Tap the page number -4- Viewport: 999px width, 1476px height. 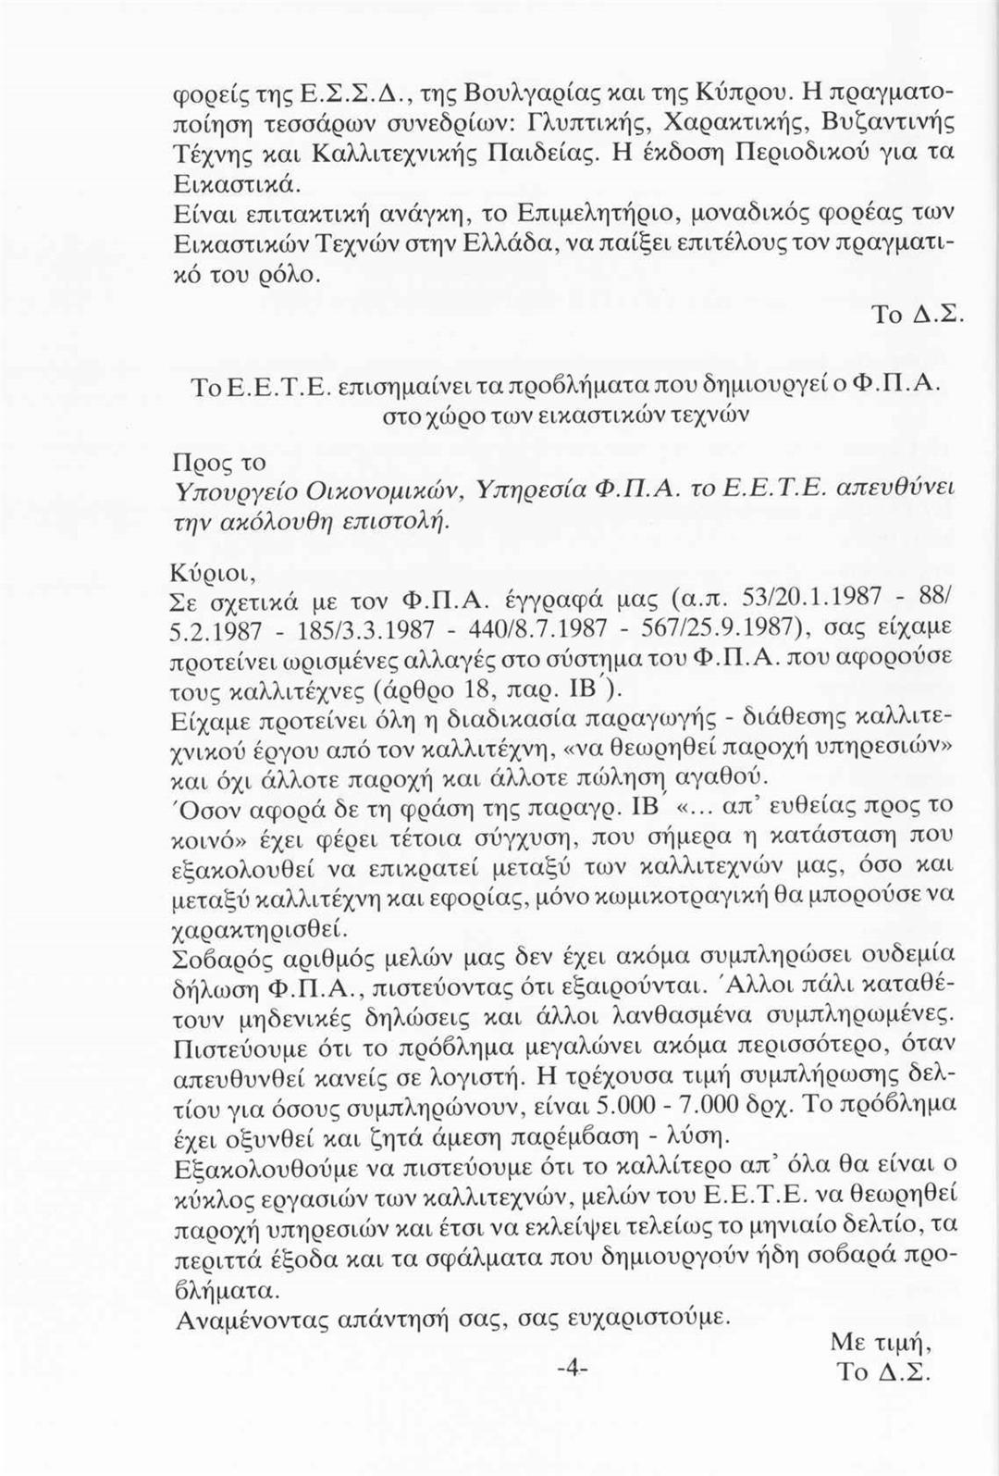pyautogui.click(x=573, y=1367)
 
